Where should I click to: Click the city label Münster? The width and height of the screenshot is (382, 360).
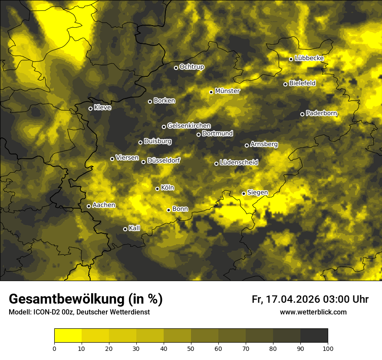[227, 91]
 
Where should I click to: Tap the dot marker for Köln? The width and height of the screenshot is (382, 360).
[158, 189]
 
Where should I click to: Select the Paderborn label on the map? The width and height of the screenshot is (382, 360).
[321, 113]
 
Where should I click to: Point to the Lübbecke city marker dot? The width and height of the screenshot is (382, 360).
[291, 59]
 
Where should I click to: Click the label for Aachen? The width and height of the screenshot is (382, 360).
[104, 205]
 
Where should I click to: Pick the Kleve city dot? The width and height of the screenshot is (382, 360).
[90, 108]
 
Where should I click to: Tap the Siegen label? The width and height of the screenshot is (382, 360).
[257, 193]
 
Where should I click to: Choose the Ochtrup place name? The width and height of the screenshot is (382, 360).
[191, 67]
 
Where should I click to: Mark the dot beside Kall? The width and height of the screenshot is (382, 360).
[125, 229]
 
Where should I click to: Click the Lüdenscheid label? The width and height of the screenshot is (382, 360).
[239, 163]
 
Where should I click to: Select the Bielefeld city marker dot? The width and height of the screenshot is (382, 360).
[285, 84]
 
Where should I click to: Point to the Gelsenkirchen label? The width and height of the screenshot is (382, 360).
[189, 126]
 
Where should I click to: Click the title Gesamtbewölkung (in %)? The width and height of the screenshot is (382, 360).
[86, 299]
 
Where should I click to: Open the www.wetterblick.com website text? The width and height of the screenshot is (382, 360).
[313, 312]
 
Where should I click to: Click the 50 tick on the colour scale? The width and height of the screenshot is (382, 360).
[191, 348]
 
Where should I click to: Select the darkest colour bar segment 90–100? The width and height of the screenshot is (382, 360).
[314, 336]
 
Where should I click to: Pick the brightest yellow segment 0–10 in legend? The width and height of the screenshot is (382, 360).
[68, 336]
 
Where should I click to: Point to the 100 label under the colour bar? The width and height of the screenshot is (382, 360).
[328, 348]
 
